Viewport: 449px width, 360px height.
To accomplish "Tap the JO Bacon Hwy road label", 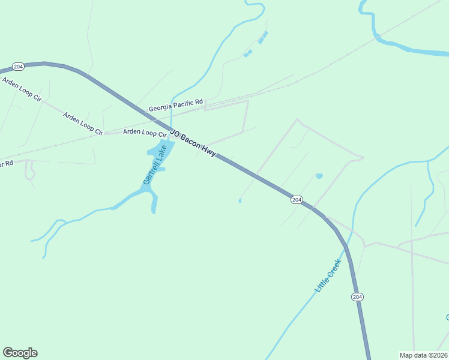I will pyautogui.click(x=193, y=142).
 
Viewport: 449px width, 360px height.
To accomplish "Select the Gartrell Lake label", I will pyautogui.click(x=154, y=164).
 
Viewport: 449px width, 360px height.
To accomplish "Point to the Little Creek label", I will pyautogui.click(x=328, y=276).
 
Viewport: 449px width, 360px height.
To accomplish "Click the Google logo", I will pyautogui.click(x=20, y=353).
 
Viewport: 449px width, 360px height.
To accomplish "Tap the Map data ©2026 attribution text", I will pyautogui.click(x=423, y=355).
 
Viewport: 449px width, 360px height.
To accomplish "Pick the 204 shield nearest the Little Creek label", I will pyautogui.click(x=357, y=297).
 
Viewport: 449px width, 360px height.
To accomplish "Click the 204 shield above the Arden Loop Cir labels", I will pyautogui.click(x=18, y=67).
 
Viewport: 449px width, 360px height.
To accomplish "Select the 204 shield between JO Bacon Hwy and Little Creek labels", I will pyautogui.click(x=297, y=199).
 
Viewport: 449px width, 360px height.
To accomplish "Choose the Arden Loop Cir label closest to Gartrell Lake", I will pyautogui.click(x=144, y=133).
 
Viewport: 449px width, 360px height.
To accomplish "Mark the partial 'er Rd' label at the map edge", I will pyautogui.click(x=7, y=163).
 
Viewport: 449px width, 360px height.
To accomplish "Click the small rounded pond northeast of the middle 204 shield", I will pyautogui.click(x=319, y=176).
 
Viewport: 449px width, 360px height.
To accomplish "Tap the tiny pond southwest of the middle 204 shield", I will pyautogui.click(x=240, y=201).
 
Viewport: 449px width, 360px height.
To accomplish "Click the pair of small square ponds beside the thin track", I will pyautogui.click(x=248, y=53).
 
